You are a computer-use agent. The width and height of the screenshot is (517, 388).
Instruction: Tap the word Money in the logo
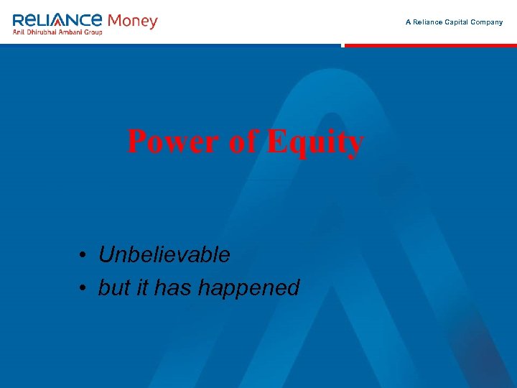click(132, 21)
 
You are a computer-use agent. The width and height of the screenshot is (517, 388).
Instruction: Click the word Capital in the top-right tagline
click(460, 22)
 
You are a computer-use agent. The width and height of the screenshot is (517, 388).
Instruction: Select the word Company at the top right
click(488, 22)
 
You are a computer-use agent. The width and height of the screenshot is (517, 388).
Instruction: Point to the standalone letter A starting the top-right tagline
click(408, 22)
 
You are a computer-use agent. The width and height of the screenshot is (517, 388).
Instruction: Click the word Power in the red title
click(172, 142)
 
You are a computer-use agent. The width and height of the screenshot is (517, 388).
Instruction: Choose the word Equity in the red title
click(315, 143)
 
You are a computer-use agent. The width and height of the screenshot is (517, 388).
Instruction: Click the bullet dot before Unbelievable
click(84, 256)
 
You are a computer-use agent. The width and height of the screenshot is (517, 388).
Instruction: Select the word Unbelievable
click(164, 254)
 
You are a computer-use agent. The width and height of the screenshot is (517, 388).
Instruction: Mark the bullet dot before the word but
click(84, 289)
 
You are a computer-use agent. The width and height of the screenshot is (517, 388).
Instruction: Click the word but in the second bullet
click(113, 287)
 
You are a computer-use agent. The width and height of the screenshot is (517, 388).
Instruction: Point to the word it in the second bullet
click(141, 287)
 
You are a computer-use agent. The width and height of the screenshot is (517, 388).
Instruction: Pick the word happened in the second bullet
click(248, 289)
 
